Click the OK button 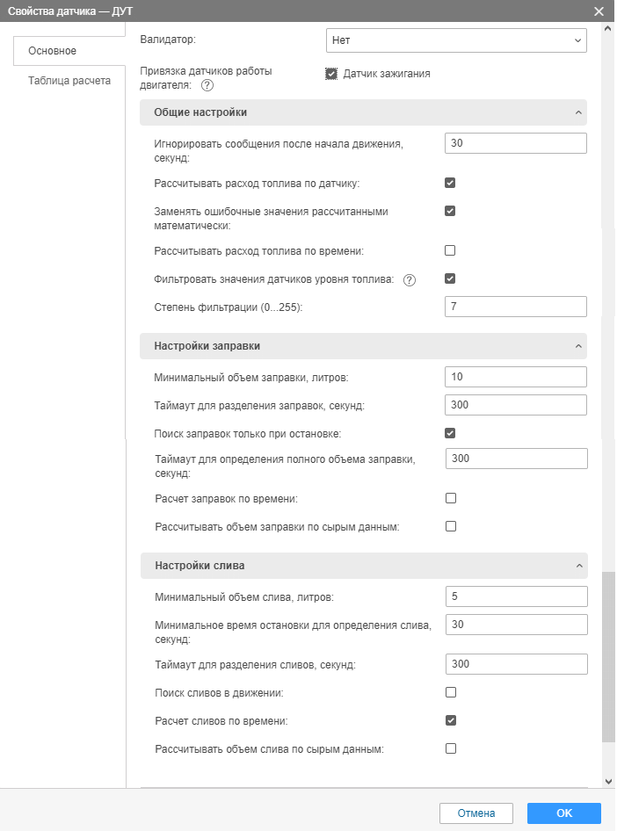(563, 813)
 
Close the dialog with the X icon (599, 11)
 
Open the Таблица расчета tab (69, 81)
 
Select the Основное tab (53, 51)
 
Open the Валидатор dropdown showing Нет (455, 40)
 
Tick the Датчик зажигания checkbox (331, 74)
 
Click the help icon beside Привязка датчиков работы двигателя (207, 86)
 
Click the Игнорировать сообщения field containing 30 (515, 143)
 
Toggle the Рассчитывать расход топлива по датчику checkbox (450, 183)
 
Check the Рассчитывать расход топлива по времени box (450, 250)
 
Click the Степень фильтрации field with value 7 (515, 307)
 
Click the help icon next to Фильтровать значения (409, 279)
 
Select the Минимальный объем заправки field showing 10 (515, 377)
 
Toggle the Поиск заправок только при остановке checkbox (450, 433)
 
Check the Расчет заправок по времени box (450, 498)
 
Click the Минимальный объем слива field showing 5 (515, 596)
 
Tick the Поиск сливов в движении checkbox (450, 692)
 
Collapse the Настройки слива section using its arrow (577, 566)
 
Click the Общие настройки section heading (200, 112)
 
